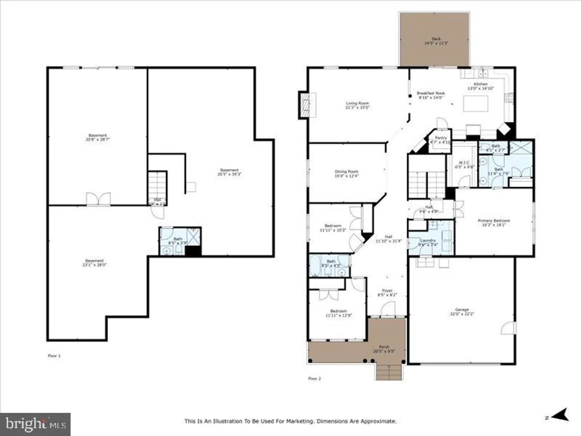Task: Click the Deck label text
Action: [x=436, y=39]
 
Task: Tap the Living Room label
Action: [x=357, y=103]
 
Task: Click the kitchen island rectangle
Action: [x=475, y=103]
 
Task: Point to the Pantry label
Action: [x=441, y=138]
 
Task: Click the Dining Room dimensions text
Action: [x=346, y=176]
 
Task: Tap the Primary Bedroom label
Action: [x=494, y=221]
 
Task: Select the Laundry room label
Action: [x=428, y=241]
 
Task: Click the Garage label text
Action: [x=462, y=310]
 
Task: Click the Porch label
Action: [x=384, y=347]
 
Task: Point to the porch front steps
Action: [x=389, y=372]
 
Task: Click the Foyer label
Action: [x=387, y=291]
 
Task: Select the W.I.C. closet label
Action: [x=464, y=163]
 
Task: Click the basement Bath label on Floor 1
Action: [x=178, y=239]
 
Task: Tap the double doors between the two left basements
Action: [x=98, y=199]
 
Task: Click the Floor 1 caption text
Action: [x=54, y=356]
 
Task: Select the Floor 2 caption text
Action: [x=314, y=378]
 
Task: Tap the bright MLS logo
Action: [x=35, y=424]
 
